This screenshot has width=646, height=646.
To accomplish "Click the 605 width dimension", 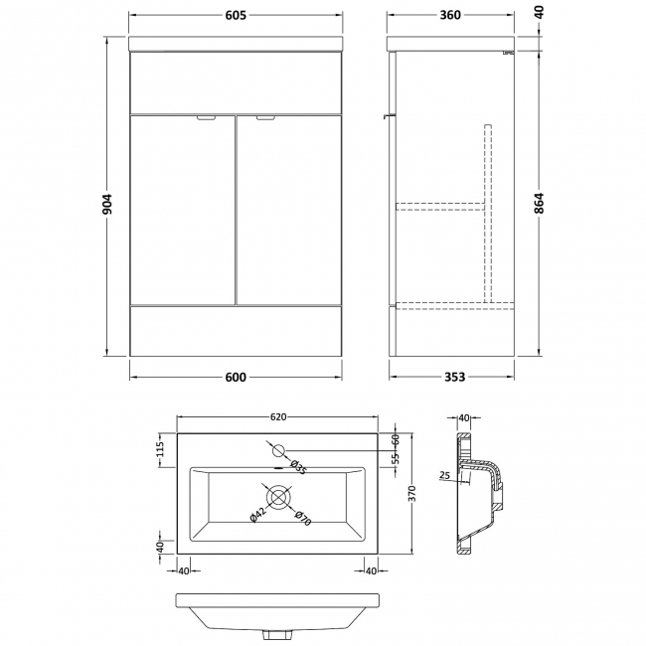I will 236,16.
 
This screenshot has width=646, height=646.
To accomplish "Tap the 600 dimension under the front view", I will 236,378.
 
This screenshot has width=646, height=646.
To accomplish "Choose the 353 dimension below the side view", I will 452,378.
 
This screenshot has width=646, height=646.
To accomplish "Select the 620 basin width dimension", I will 278,417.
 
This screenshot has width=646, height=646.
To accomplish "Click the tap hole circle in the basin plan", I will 278,448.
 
